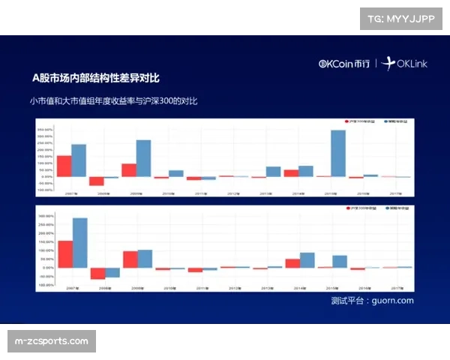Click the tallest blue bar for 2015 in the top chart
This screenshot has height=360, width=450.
tap(338, 153)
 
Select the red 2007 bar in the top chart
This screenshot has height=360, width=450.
tap(64, 166)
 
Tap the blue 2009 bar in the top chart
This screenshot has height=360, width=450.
tap(143, 158)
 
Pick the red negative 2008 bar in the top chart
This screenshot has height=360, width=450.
tap(96, 181)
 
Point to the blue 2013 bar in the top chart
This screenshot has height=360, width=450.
tap(273, 172)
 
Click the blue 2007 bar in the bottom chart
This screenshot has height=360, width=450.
tap(79, 242)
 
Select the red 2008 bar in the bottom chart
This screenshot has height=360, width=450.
tap(97, 273)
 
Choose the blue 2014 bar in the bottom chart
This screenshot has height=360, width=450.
tap(307, 259)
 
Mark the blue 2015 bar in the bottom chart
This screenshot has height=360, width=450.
tap(339, 261)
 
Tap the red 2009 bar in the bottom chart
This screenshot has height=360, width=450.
tap(130, 259)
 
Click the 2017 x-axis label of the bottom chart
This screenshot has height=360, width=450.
tap(396, 287)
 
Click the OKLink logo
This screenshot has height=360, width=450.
tap(404, 64)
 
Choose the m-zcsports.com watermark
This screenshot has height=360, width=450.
tap(51, 341)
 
